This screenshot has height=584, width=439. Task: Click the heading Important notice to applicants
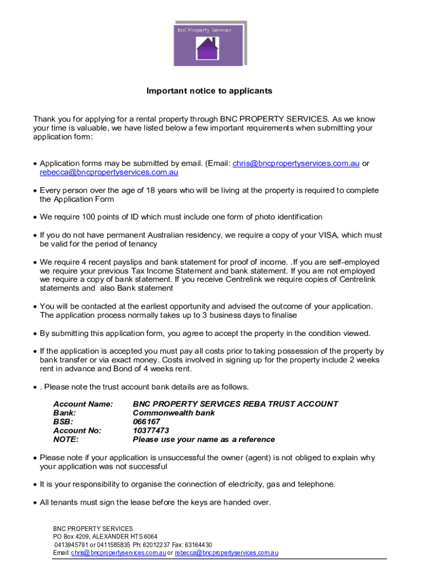click(x=209, y=91)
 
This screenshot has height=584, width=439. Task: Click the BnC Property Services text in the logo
click(x=204, y=30)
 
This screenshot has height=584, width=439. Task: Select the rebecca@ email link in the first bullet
click(x=109, y=172)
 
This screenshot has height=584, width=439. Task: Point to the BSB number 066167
click(x=147, y=422)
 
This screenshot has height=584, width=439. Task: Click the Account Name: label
click(x=83, y=404)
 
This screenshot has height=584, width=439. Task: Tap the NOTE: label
click(x=66, y=440)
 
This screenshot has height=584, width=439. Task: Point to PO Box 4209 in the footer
click(x=71, y=537)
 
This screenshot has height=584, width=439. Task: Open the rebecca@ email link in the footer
click(x=226, y=553)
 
